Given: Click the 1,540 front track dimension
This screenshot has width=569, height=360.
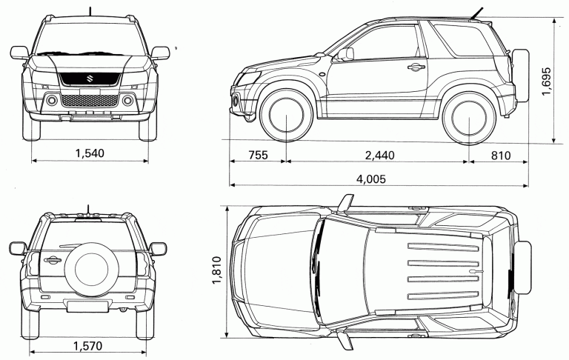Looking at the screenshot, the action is [90, 153].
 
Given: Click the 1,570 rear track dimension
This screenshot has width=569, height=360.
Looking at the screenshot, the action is [88, 346].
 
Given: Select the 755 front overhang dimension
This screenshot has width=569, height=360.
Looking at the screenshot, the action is [258, 155].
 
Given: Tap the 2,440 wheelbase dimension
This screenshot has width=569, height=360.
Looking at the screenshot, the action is [379, 156].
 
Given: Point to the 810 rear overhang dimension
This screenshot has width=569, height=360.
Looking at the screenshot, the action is [501, 156].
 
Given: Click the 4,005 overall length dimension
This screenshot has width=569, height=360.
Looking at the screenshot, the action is [371, 179].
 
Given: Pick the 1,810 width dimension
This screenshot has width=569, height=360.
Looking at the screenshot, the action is [216, 270].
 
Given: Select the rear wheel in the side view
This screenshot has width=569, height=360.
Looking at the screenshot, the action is [469, 117].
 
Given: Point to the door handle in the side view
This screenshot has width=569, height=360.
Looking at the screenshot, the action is [416, 67].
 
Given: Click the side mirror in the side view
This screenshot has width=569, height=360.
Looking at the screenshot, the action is [346, 54].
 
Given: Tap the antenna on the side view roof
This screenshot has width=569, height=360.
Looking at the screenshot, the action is [477, 13].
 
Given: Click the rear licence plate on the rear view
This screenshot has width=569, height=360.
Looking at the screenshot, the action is [87, 306].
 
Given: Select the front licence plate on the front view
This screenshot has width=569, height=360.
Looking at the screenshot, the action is [90, 90].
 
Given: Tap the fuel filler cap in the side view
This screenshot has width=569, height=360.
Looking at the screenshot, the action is [322, 73].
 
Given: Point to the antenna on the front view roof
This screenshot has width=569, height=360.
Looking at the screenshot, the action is [90, 11].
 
